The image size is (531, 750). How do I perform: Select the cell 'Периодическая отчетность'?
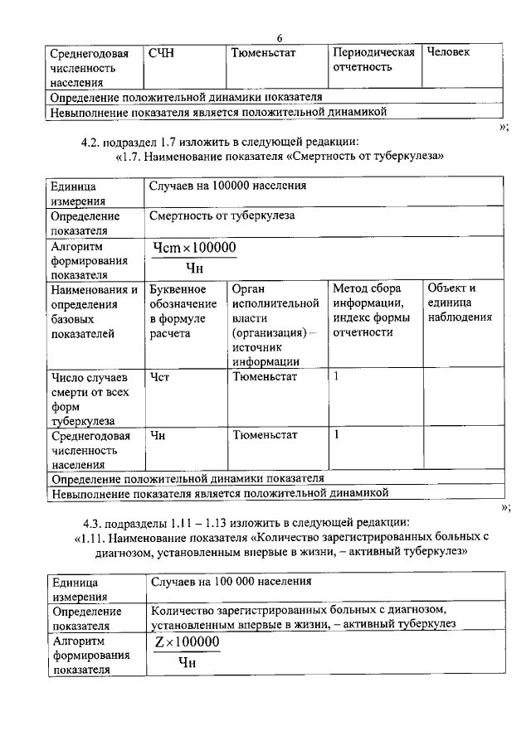point(373,60)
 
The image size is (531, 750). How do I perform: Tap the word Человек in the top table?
point(448,53)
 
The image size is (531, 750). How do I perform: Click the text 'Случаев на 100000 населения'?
point(228,186)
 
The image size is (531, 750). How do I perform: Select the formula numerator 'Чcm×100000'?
point(195,248)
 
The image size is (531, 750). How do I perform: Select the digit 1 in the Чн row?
point(337,433)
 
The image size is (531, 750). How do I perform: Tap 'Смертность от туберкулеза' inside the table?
point(222,216)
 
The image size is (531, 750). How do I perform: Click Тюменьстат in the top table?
point(265,53)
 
